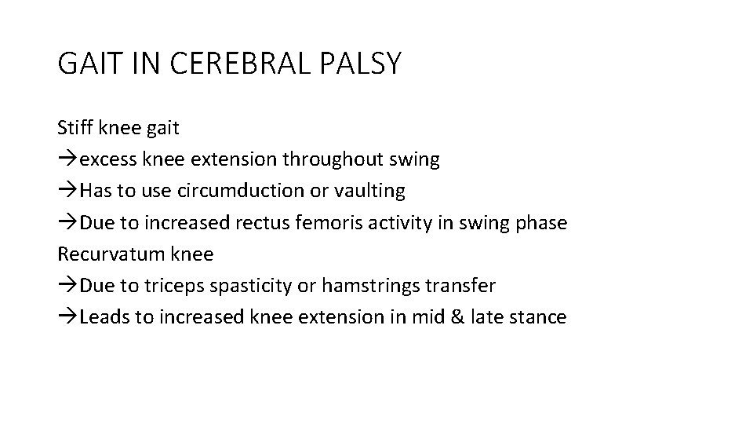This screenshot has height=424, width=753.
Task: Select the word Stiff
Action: [x=73, y=128]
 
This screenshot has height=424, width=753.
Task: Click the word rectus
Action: [x=287, y=223]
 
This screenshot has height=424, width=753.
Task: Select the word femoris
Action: [x=346, y=222]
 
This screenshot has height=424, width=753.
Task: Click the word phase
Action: [x=541, y=223]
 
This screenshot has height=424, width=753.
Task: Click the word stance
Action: [x=538, y=317]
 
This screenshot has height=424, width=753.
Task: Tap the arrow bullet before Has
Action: [x=67, y=192]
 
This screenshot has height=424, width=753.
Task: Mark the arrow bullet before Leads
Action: [x=67, y=317]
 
